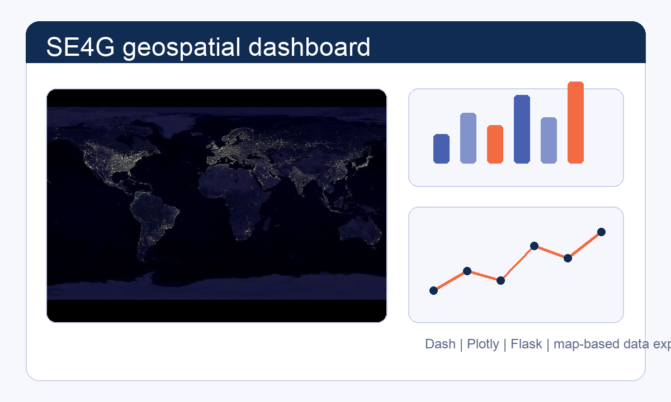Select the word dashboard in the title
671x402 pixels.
(309, 47)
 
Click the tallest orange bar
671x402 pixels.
(575, 123)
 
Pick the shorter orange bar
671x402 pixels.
(495, 145)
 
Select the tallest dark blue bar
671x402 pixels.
(522, 130)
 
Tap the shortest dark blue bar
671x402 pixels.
(441, 149)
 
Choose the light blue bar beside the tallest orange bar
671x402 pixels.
(549, 141)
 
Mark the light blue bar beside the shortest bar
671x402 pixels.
(468, 138)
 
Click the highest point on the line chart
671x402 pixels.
(601, 232)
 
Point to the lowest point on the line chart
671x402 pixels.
(433, 290)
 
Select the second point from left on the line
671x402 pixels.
(467, 271)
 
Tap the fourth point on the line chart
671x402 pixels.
(534, 246)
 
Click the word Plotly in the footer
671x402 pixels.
(483, 344)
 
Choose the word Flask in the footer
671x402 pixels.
(526, 344)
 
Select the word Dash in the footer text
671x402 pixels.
(440, 344)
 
